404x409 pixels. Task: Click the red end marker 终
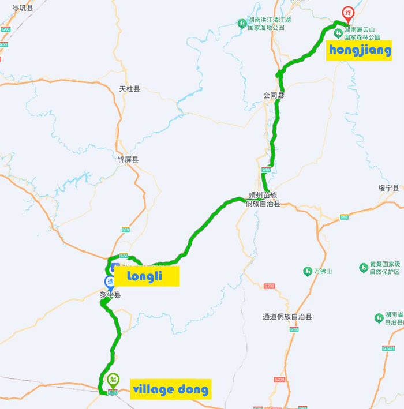[x=348, y=12]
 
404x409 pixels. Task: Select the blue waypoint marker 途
[x=110, y=282]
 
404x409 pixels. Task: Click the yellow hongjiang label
[x=360, y=51]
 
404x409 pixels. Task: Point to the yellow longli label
[x=146, y=276]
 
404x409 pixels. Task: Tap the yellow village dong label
[x=170, y=389]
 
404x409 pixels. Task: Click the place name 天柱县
[x=130, y=89]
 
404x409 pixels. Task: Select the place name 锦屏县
[x=128, y=159]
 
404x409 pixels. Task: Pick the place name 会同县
[x=274, y=95]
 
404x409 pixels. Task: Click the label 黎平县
[x=110, y=295]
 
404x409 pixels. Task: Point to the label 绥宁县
[x=388, y=188]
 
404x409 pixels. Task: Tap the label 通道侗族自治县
[x=287, y=317]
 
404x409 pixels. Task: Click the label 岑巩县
[x=23, y=7]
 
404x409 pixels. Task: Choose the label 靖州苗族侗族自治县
[x=263, y=200]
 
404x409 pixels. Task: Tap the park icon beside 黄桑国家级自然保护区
[x=364, y=268]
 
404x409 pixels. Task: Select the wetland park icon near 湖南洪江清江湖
[x=241, y=23]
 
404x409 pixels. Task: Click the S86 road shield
[x=344, y=217]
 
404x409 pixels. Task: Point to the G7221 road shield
[x=388, y=348]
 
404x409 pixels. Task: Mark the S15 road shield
[x=126, y=230]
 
